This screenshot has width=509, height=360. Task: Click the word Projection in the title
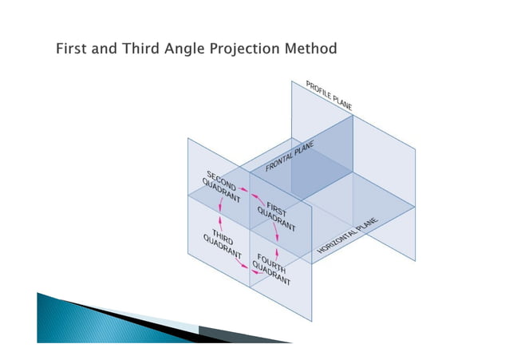point(248,49)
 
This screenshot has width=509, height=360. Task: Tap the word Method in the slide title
point(311,49)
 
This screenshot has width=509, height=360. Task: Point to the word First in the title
point(70,49)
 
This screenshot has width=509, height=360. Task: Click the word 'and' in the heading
point(105,49)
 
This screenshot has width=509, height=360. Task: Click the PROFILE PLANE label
point(329,94)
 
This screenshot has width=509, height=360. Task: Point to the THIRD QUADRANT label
point(216,241)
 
